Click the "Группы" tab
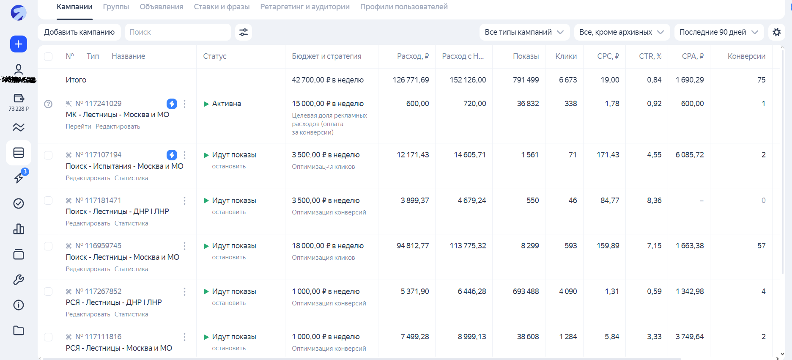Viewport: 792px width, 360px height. coord(116,7)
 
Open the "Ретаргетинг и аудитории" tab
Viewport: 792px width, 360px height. coord(304,7)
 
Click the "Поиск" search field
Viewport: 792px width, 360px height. coord(178,32)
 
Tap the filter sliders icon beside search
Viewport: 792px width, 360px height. coord(244,32)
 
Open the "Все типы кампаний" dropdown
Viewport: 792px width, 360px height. coord(524,32)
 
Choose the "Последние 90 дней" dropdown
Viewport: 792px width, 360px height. coord(718,32)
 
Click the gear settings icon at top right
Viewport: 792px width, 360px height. coord(777,32)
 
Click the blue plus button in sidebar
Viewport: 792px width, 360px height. coord(19,44)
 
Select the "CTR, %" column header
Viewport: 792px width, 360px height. coord(650,56)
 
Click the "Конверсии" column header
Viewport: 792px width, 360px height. coord(746,56)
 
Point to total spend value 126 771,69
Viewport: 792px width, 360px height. coord(411,80)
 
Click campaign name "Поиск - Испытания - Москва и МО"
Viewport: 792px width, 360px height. coord(124,166)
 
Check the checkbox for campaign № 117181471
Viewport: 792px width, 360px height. coord(48,201)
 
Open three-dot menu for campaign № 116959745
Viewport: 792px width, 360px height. coord(184,246)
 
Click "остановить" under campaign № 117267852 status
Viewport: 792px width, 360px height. coord(229,303)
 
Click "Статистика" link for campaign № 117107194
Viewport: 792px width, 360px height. coord(131,178)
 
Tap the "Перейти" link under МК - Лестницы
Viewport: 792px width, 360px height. coord(78,126)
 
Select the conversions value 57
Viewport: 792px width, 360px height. coord(761,246)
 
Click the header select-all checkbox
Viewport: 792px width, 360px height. coord(48,56)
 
